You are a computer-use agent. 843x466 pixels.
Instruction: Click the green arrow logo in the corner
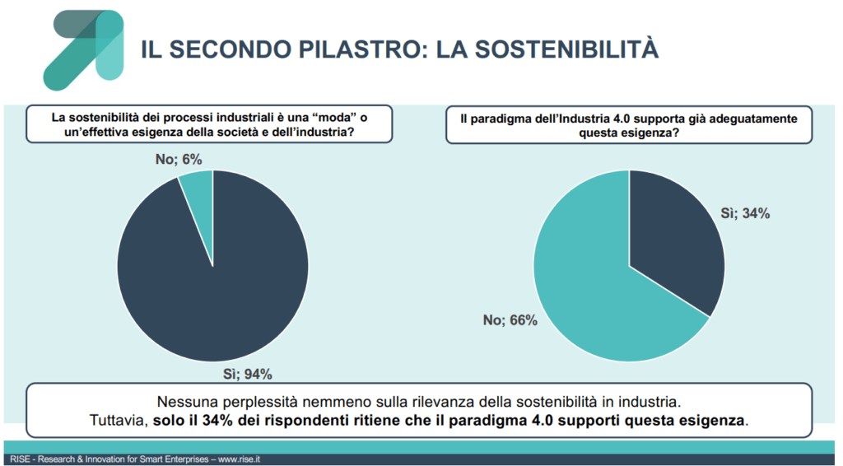pos(82,49)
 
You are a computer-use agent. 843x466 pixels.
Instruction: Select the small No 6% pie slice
pos(198,187)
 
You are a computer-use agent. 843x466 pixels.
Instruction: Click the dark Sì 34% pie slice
pos(675,239)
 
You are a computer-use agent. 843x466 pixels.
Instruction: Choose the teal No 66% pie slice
pos(593,296)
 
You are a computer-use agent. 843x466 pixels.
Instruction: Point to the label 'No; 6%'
pos(179,159)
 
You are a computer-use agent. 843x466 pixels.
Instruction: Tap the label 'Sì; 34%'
pos(745,213)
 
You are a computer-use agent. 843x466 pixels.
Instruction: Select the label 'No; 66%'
pos(510,320)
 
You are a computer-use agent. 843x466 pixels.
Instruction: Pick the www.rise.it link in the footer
pos(239,459)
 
